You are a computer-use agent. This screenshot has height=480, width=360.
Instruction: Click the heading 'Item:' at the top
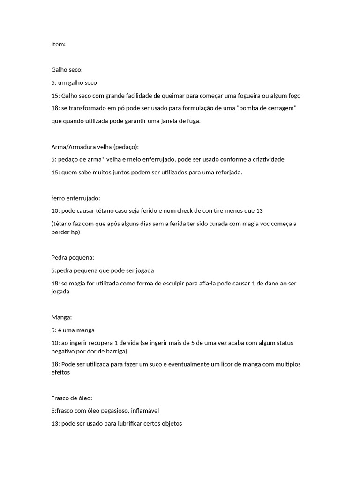pos(59,45)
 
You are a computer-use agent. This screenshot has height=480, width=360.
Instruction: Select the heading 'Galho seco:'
pos(67,70)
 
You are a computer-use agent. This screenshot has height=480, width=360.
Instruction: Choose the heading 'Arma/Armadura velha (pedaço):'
pos(95,147)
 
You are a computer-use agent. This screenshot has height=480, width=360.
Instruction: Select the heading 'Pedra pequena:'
pos(73,257)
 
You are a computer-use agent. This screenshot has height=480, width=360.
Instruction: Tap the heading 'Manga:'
pos(62,317)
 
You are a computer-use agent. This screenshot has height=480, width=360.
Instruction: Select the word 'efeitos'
pos(61,373)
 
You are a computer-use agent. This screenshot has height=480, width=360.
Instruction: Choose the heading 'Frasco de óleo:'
pos(72,398)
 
